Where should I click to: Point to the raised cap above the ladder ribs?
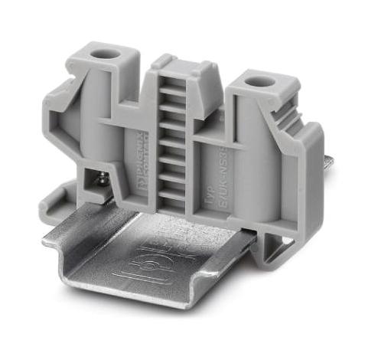(x=175, y=64)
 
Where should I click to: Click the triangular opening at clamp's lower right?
(x=282, y=243)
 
